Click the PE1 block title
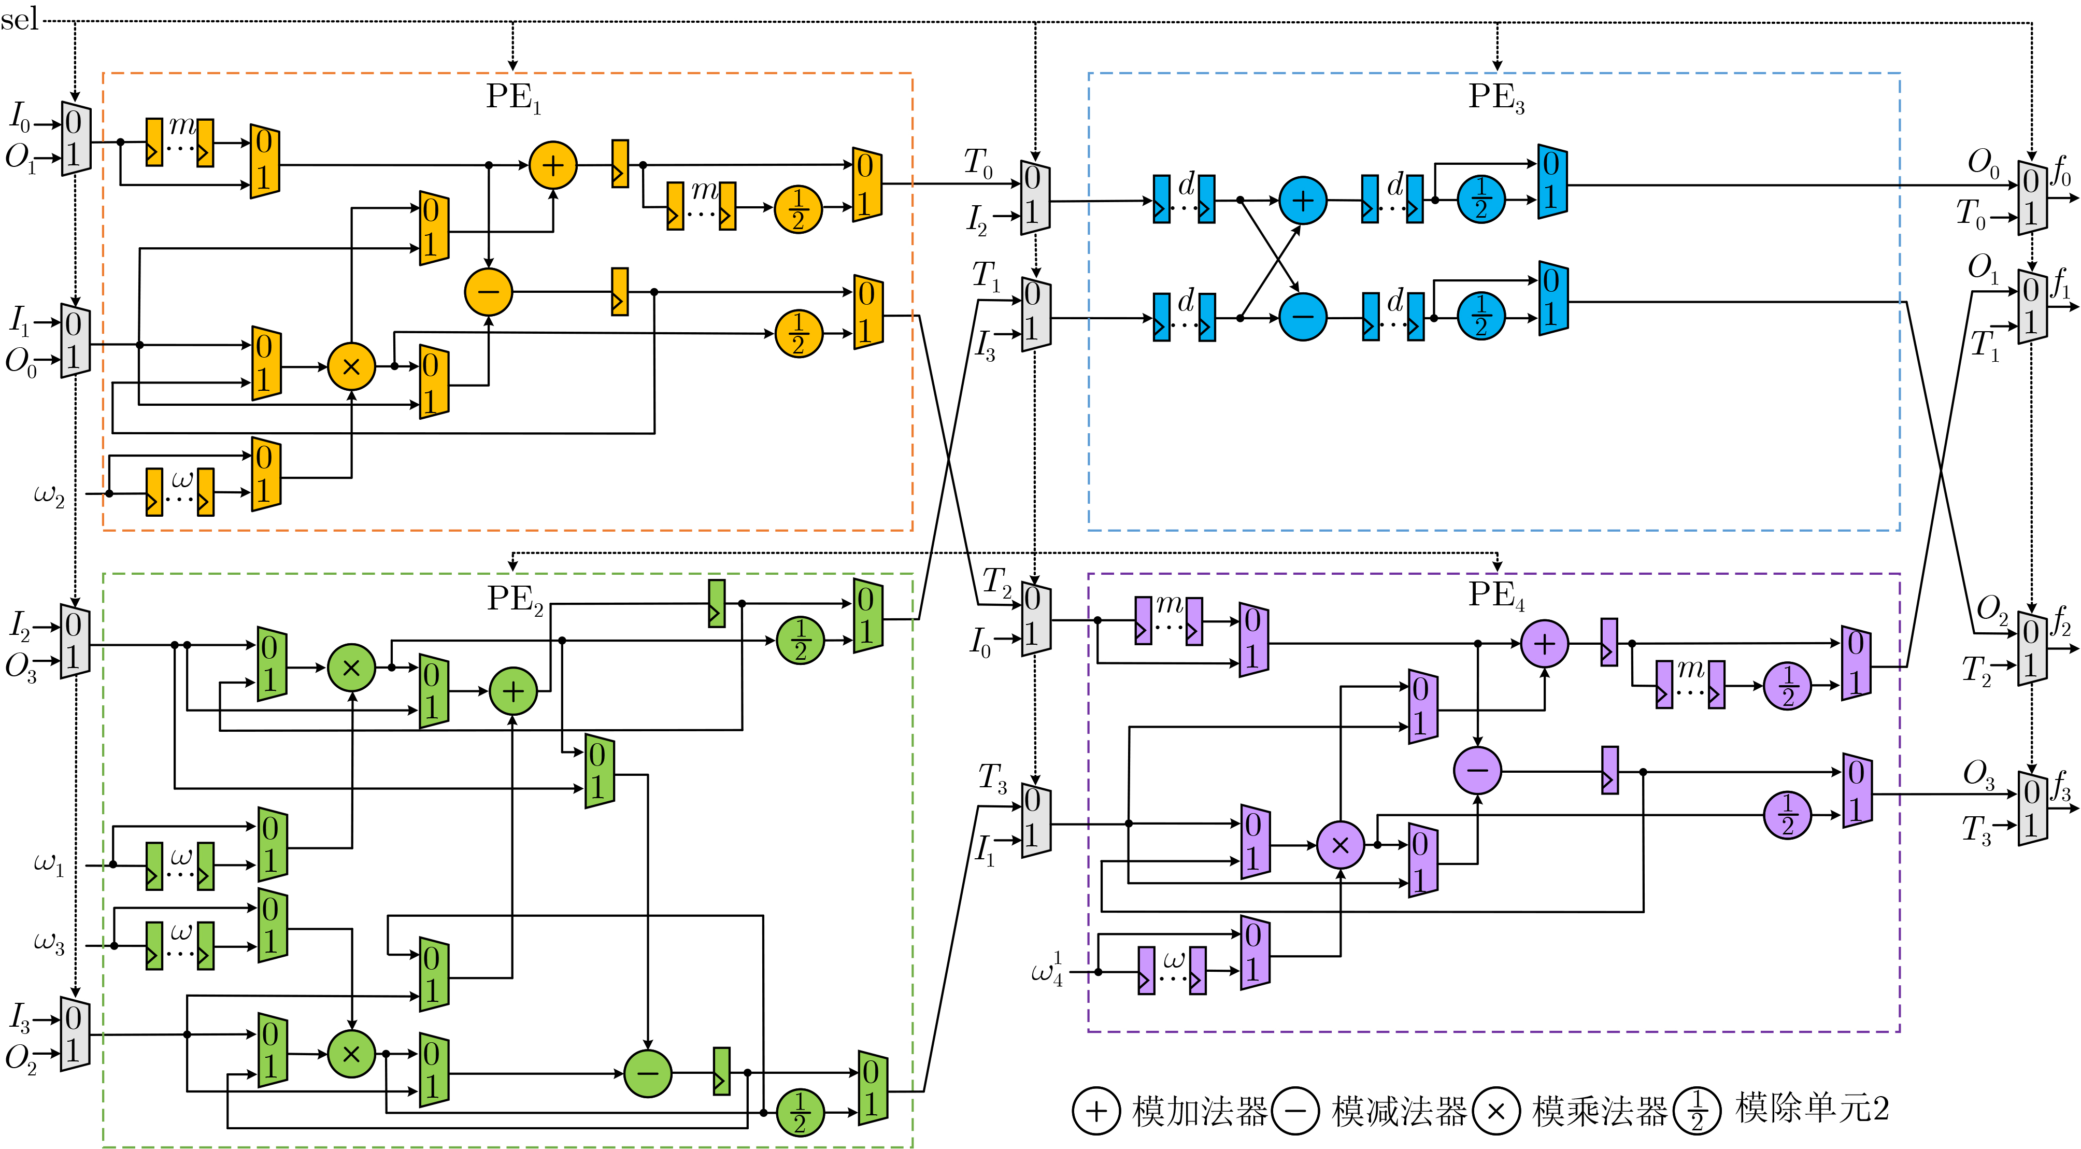(513, 97)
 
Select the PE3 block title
(1495, 97)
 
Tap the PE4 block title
(1495, 595)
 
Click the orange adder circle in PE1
(552, 166)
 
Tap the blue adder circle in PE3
(1302, 201)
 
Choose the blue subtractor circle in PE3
(1302, 317)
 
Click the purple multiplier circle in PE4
(1340, 845)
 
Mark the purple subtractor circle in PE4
(1477, 770)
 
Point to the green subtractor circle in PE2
(648, 1073)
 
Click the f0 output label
(2062, 172)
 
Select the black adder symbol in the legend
(1095, 1111)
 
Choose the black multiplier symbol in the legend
(1495, 1111)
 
